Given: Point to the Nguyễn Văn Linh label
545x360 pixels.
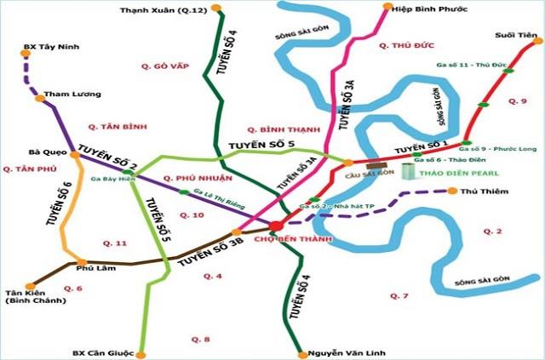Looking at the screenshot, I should [339, 351].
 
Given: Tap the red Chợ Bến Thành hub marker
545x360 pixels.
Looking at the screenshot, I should [277, 226].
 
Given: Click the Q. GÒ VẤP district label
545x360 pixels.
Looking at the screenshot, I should [167, 66].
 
